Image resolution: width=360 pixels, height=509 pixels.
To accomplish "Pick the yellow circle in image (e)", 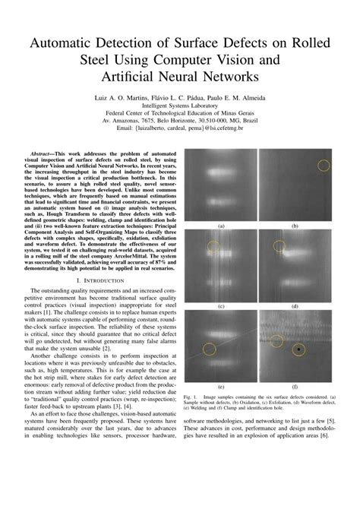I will click(x=209, y=349).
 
